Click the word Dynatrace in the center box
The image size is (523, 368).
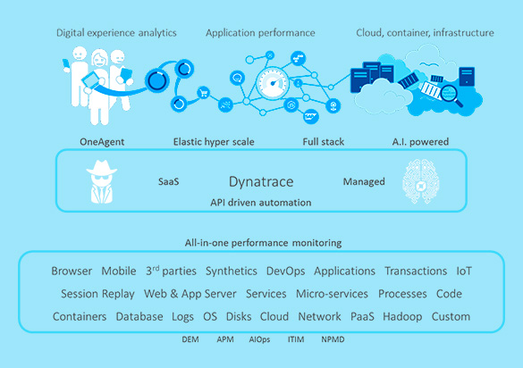click(261, 182)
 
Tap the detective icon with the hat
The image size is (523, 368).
click(102, 181)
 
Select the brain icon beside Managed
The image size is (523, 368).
click(421, 181)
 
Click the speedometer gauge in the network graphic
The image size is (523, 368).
click(273, 83)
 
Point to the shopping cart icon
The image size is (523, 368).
click(203, 93)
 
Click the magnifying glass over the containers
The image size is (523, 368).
click(451, 96)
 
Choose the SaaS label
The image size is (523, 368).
click(168, 182)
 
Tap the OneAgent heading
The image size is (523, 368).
click(102, 142)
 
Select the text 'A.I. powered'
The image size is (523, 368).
click(420, 142)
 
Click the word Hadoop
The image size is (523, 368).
click(402, 317)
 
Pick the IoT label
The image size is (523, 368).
click(464, 271)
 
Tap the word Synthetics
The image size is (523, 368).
click(232, 272)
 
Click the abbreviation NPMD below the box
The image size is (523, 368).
click(333, 339)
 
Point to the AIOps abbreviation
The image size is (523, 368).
click(259, 339)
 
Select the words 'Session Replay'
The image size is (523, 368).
click(97, 294)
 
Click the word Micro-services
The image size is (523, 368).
click(332, 294)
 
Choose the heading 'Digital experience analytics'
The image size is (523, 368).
click(116, 33)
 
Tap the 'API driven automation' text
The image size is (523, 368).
click(261, 203)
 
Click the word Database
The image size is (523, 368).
click(139, 317)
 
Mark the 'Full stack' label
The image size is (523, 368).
click(324, 142)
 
